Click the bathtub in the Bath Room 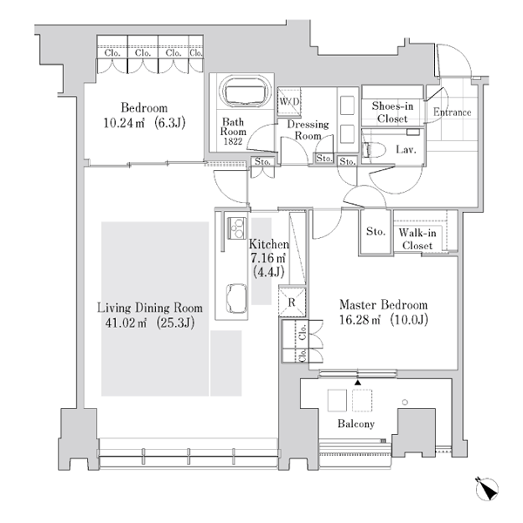click(244, 91)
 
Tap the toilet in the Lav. click(373, 150)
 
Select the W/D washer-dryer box click(289, 101)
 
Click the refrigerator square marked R click(292, 302)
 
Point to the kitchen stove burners click(237, 228)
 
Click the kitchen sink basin click(237, 298)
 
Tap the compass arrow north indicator click(486, 489)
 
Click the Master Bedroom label click(384, 304)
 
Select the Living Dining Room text click(150, 308)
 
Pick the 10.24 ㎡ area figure click(124, 123)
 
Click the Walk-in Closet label click(418, 239)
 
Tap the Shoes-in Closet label click(392, 112)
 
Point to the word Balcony click(356, 424)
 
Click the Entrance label click(452, 112)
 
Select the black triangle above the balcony click(357, 383)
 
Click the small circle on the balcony click(405, 402)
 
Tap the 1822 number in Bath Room click(233, 141)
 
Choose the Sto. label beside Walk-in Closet click(376, 231)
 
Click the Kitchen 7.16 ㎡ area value click(268, 258)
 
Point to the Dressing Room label click(308, 130)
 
